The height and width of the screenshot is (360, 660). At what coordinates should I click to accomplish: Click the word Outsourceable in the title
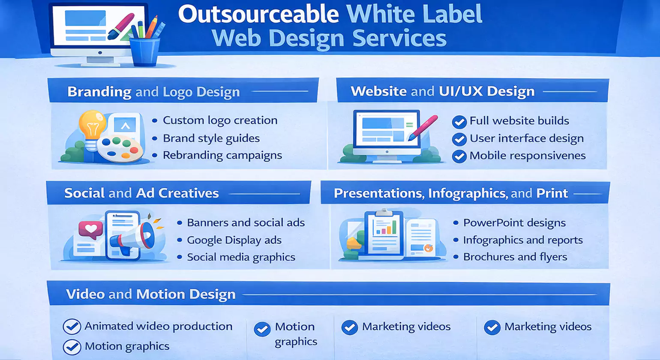[x=258, y=14]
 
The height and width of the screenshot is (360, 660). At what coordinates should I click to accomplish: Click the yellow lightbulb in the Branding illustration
[x=92, y=124]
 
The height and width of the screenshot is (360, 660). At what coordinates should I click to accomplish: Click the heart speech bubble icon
[x=91, y=230]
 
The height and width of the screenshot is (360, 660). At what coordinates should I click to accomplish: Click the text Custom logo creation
[x=220, y=120]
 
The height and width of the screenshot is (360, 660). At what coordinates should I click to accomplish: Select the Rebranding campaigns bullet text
[x=222, y=155]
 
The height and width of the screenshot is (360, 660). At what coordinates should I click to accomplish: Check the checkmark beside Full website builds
[x=459, y=122]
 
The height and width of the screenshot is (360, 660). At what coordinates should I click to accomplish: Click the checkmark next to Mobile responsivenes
[x=459, y=156]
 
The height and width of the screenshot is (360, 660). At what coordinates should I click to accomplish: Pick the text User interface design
[x=526, y=138]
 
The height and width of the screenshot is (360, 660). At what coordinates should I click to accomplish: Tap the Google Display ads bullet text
[x=234, y=240]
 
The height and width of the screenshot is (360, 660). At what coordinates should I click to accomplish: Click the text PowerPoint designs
[x=514, y=223]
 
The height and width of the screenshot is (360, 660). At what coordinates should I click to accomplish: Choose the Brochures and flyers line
[x=515, y=257]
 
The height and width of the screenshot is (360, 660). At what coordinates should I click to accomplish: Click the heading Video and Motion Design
[x=151, y=294]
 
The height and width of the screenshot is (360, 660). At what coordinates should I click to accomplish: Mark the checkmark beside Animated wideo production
[x=72, y=327]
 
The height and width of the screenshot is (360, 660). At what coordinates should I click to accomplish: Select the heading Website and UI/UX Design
[x=442, y=91]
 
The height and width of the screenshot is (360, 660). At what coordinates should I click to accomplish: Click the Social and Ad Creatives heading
[x=141, y=193]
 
